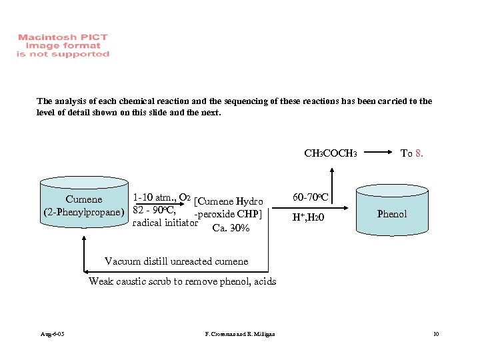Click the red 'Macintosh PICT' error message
(63, 46)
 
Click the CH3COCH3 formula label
(331, 153)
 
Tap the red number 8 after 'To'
(418, 153)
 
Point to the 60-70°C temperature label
(310, 197)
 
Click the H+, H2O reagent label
(308, 217)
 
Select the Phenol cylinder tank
(392, 213)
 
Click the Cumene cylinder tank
(84, 207)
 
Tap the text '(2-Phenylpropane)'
(84, 213)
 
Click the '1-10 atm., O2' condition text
(162, 198)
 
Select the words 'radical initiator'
(165, 223)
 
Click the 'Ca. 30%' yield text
(231, 228)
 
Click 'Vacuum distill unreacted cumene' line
(176, 261)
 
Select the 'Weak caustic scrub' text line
(182, 281)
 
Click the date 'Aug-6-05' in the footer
(52, 333)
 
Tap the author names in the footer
(240, 333)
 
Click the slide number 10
(435, 333)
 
